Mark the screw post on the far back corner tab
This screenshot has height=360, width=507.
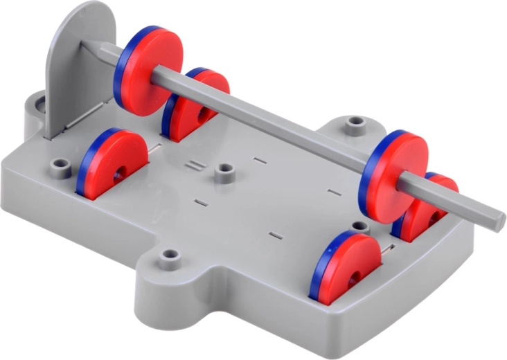356,125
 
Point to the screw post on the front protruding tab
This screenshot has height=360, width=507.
168,259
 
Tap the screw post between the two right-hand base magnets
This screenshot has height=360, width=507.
359,228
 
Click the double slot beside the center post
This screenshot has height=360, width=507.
196,166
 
